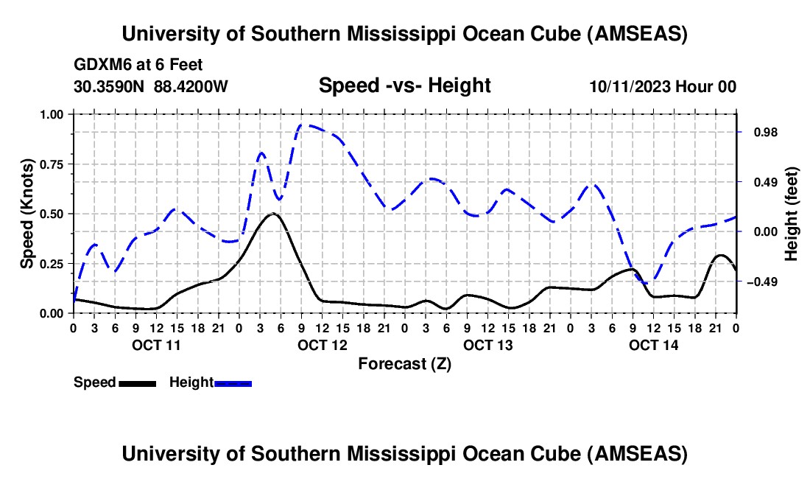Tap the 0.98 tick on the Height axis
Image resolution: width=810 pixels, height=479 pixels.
pyautogui.click(x=758, y=132)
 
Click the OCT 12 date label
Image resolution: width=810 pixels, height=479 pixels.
pyautogui.click(x=322, y=344)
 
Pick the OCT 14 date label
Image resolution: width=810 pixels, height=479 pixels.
pyautogui.click(x=653, y=344)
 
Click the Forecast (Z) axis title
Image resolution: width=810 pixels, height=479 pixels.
pyautogui.click(x=404, y=363)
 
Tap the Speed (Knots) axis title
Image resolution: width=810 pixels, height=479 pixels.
pyautogui.click(x=27, y=214)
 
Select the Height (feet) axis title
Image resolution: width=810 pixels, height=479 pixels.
pyautogui.click(x=792, y=214)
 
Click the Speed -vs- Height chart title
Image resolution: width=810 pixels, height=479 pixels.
pyautogui.click(x=404, y=86)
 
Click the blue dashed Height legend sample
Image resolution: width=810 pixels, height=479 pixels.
pyautogui.click(x=233, y=383)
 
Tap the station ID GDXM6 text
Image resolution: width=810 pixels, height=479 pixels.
pyautogui.click(x=100, y=66)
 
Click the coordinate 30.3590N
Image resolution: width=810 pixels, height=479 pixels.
pyautogui.click(x=109, y=86)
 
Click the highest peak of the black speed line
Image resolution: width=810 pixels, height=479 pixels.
pyautogui.click(x=273, y=214)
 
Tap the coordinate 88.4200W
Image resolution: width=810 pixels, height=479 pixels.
pyautogui.click(x=191, y=86)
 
